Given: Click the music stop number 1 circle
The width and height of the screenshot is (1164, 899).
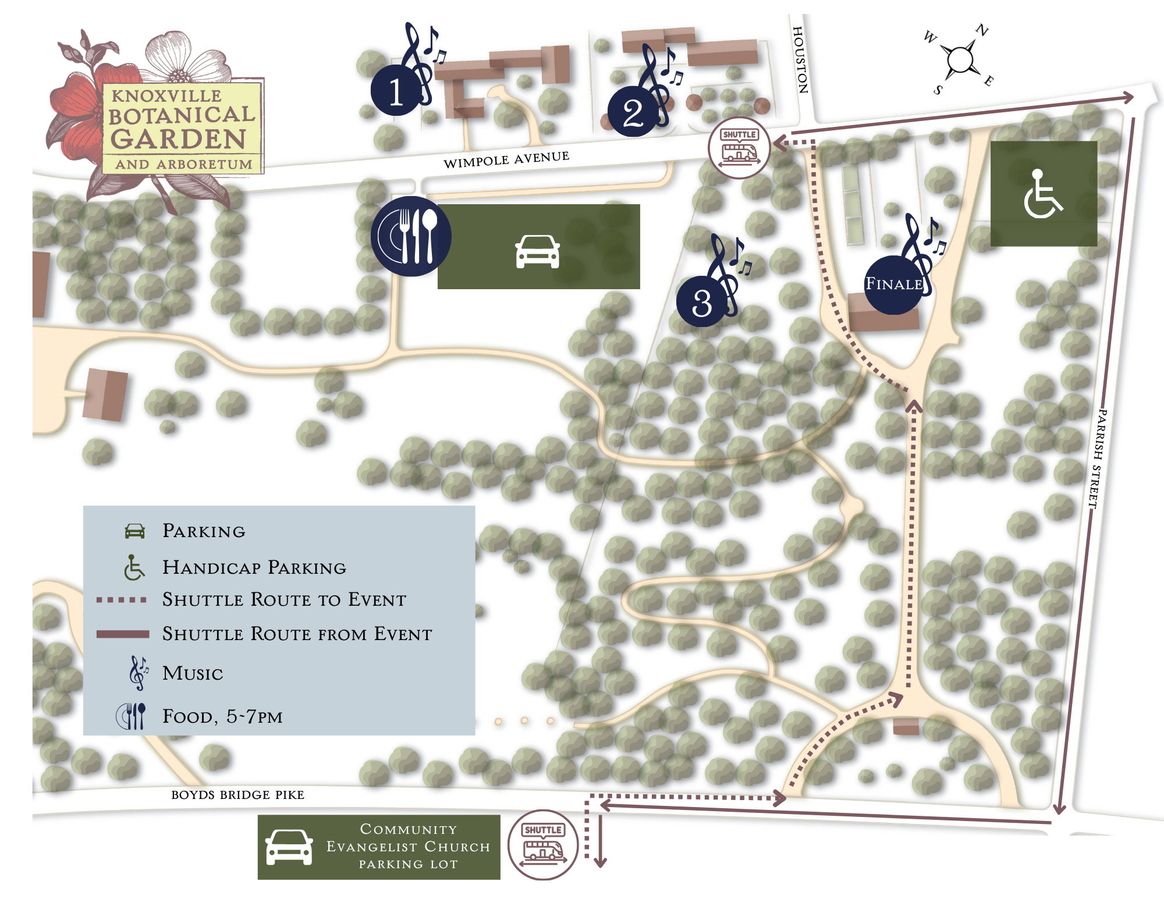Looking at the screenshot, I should [396, 91].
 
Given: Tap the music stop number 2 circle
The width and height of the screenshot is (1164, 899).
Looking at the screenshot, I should [633, 112].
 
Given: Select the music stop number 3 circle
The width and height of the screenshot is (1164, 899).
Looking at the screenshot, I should [702, 302].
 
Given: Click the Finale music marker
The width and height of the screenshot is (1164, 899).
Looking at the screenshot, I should [894, 285].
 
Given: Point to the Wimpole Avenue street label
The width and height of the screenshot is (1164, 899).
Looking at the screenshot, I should [506, 159].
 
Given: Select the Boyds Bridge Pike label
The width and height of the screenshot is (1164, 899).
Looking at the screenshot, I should [237, 795].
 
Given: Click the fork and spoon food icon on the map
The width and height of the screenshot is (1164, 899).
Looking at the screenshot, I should [411, 236].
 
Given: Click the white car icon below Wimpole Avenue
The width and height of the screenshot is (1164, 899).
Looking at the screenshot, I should [537, 251].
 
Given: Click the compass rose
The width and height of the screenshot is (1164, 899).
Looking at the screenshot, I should [960, 59].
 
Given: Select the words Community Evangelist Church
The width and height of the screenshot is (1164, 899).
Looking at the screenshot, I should [408, 837].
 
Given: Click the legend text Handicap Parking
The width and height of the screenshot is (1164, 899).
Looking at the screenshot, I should [254, 567].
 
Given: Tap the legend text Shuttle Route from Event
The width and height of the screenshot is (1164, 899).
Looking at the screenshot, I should [297, 634].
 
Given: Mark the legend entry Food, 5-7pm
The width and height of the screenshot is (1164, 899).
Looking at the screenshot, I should [222, 716].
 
